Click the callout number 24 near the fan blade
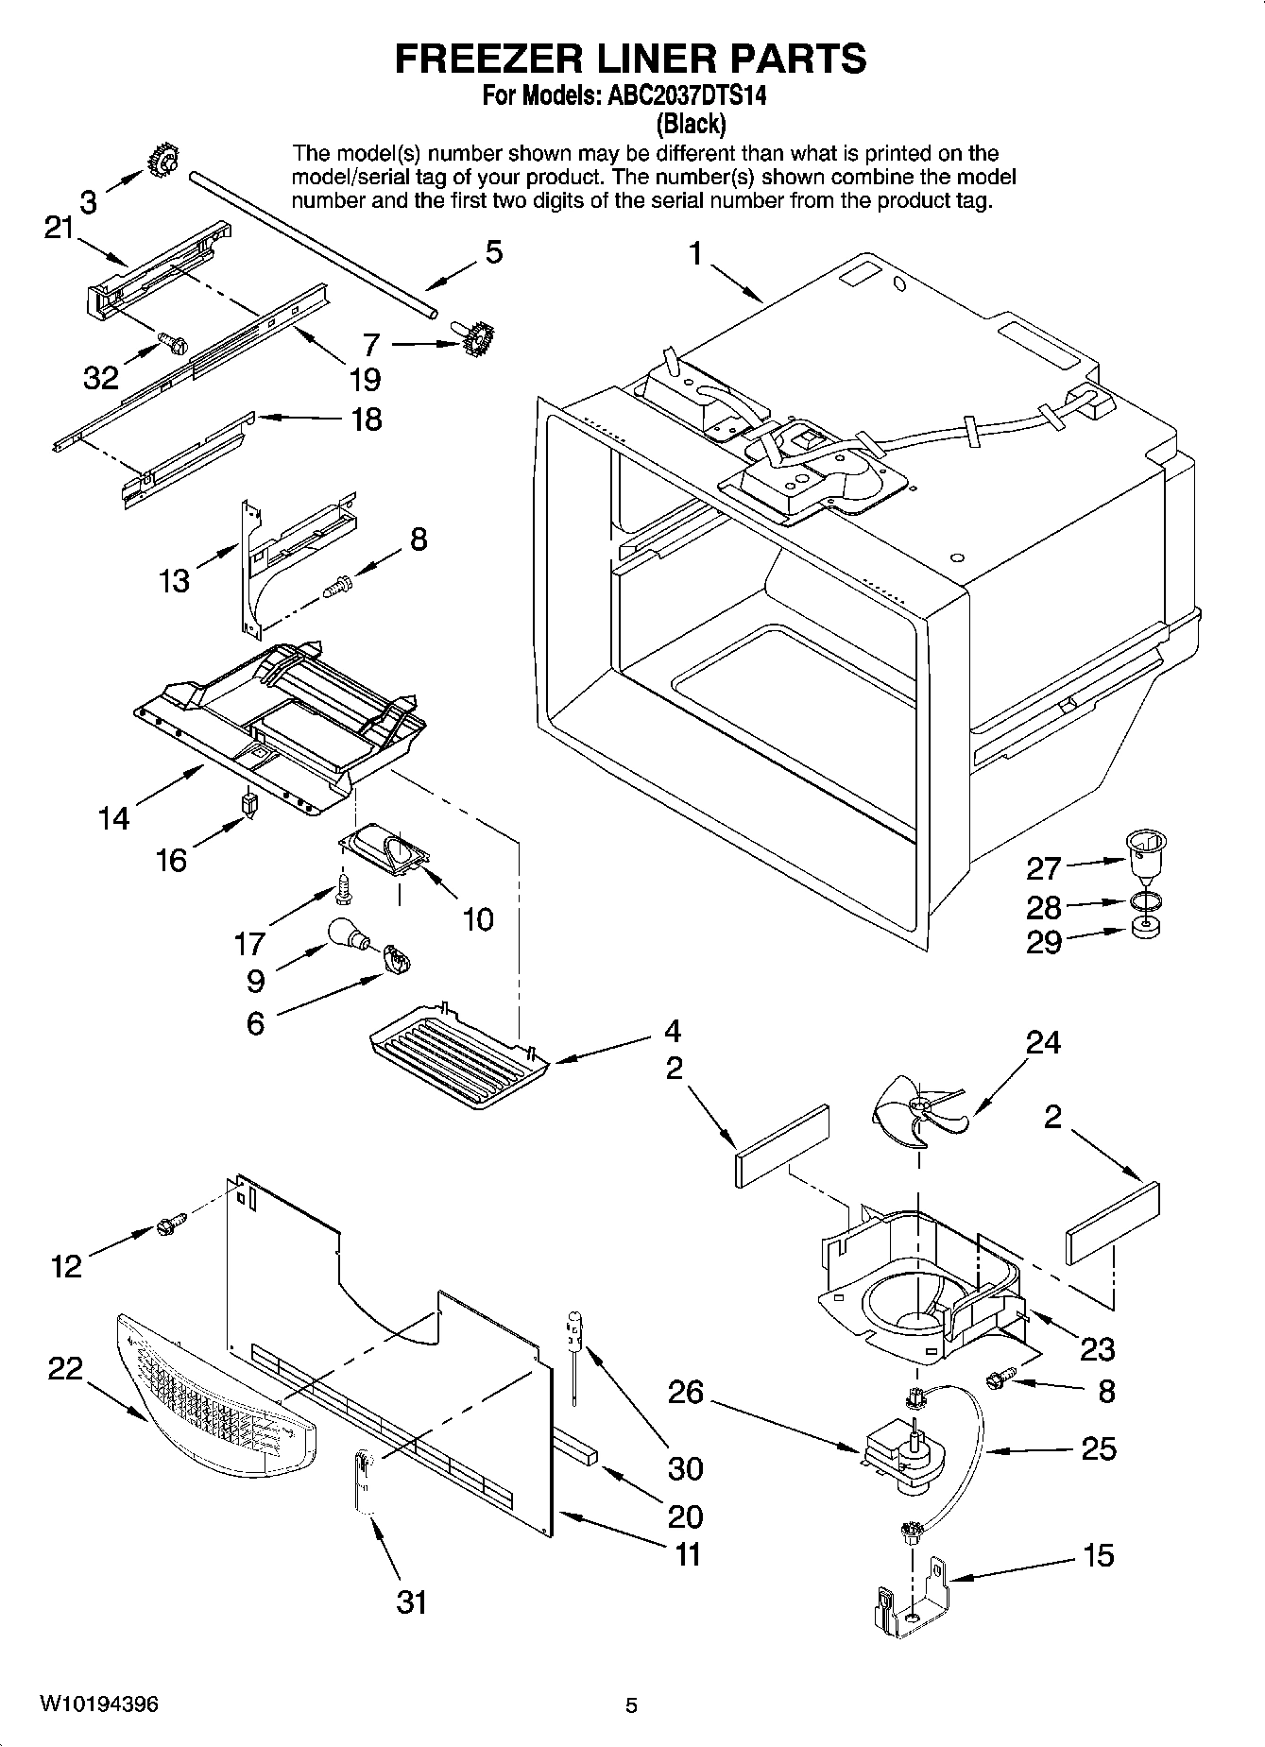click(x=1043, y=1042)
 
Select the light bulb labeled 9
click(x=346, y=935)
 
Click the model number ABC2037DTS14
click(x=674, y=95)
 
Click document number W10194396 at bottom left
click(x=98, y=1704)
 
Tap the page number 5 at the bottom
click(x=631, y=1705)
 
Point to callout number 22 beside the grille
click(x=66, y=1368)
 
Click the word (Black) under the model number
click(x=691, y=123)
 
